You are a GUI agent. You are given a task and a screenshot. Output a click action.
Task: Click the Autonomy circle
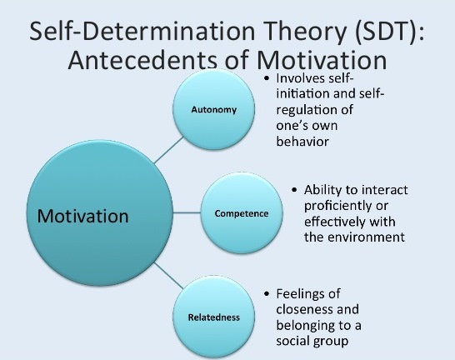tap(214, 110)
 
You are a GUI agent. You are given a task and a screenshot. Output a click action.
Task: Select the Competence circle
tap(242, 213)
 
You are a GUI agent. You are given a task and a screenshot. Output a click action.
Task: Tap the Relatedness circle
tap(214, 317)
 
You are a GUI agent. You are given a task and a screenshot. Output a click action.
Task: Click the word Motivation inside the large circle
tap(83, 216)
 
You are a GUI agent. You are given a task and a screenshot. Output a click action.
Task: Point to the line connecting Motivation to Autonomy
tap(169, 150)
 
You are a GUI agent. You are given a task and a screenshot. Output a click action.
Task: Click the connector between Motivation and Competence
tap(187, 212)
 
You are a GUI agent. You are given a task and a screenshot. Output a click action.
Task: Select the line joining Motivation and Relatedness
tap(169, 276)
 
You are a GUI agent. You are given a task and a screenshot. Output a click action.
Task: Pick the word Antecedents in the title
tap(142, 60)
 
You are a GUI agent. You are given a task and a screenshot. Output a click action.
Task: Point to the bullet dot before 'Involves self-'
tap(267, 78)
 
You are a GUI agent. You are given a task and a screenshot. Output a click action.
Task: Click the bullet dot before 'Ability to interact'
tap(294, 190)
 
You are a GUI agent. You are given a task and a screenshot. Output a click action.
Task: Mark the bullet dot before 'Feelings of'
tap(267, 293)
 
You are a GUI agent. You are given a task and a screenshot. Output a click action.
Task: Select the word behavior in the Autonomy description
tap(302, 142)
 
